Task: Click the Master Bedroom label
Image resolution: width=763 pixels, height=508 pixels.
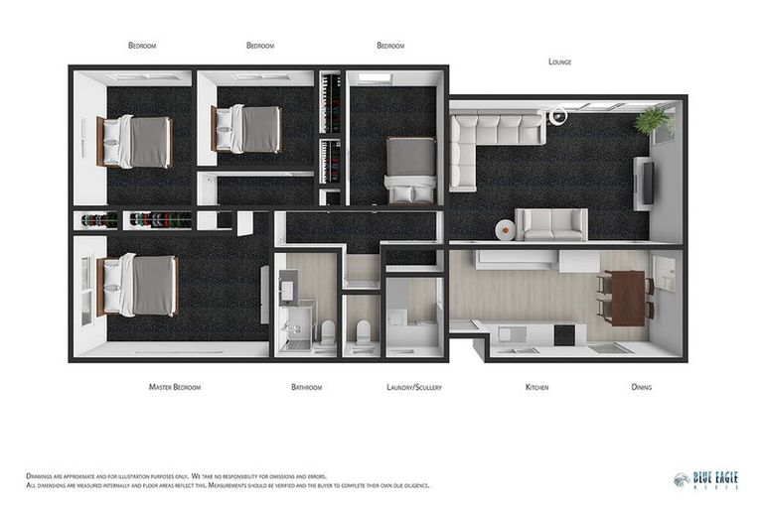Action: click(174, 387)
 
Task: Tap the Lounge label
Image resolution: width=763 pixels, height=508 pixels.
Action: click(559, 62)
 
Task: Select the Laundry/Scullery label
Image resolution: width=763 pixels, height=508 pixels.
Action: click(413, 387)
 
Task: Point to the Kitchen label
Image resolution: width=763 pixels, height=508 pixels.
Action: click(536, 387)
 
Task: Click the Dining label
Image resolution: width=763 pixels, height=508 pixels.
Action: click(642, 387)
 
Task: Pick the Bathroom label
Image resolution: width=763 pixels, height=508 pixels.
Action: click(306, 387)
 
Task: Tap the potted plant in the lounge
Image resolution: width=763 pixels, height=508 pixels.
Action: click(653, 121)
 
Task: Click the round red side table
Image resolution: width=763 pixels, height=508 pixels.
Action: click(506, 229)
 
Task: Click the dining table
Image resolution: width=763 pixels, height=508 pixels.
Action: click(628, 297)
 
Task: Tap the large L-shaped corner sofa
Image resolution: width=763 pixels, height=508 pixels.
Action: click(487, 139)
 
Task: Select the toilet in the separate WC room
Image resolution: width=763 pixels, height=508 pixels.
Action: click(362, 331)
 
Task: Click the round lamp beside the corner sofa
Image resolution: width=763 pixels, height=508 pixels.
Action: click(558, 117)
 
